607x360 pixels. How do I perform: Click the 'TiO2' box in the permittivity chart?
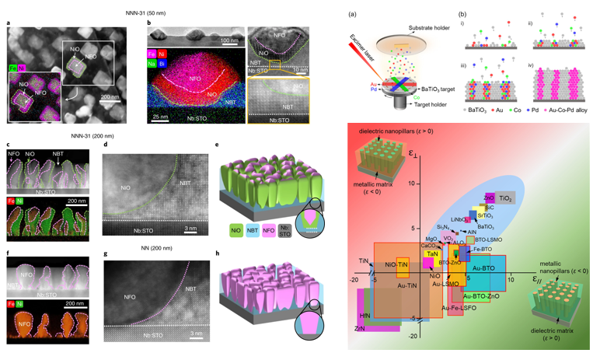(505, 199)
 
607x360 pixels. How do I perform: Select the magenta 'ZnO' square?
(489, 199)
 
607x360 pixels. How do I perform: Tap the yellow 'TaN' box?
(433, 254)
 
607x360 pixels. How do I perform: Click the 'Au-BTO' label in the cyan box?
(484, 268)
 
